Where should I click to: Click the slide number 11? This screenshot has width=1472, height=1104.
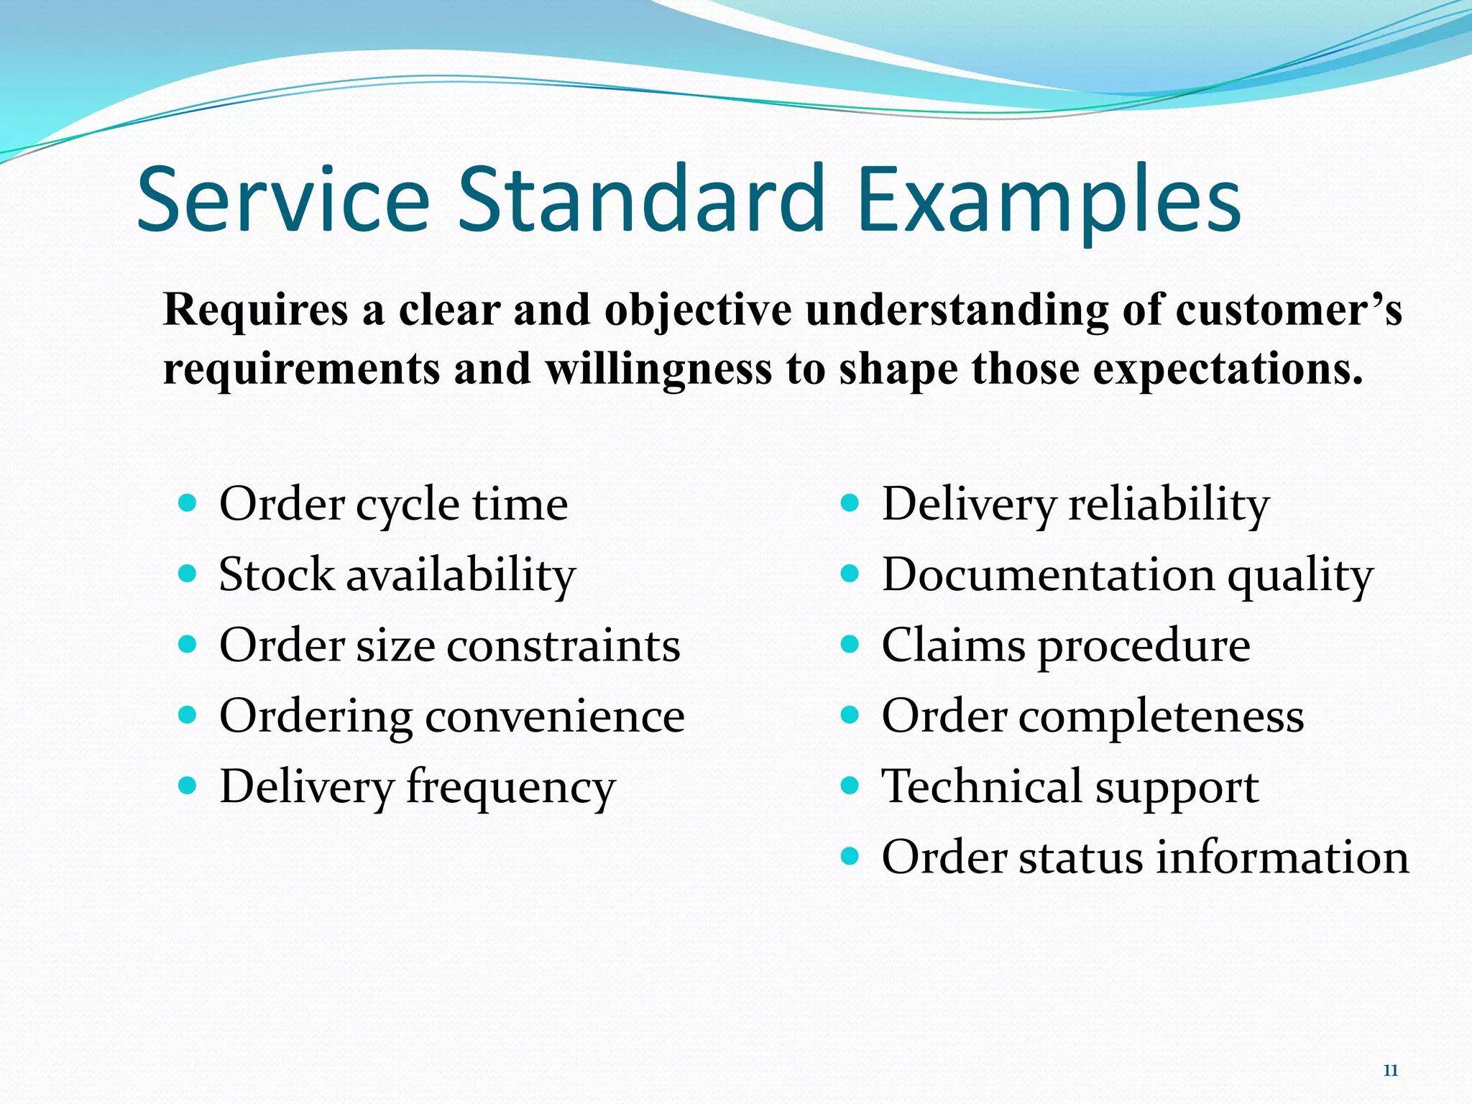click(x=1390, y=1071)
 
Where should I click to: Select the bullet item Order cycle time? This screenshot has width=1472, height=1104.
click(x=393, y=503)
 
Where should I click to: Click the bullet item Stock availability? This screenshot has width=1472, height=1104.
click(x=397, y=574)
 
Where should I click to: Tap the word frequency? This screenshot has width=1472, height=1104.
click(x=510, y=786)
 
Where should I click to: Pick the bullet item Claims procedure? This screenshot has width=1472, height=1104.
click(x=1065, y=645)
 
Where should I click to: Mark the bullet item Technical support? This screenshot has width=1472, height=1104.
click(x=1069, y=786)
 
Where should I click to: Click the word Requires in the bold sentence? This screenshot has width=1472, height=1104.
click(x=255, y=310)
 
